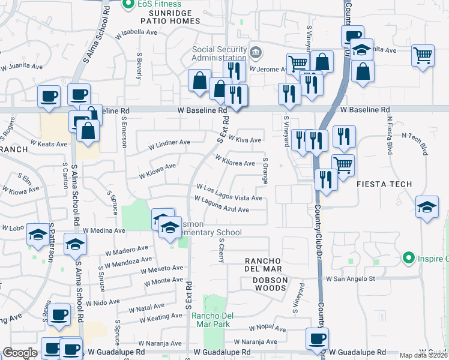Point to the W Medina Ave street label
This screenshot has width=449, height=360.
coord(104,230)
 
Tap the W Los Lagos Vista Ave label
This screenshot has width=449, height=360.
coord(229,193)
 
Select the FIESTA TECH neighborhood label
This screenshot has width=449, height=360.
coord(382,184)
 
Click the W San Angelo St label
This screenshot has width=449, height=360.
coord(350,278)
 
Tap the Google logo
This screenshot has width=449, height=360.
coord(20,353)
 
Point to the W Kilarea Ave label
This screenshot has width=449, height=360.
coord(235,160)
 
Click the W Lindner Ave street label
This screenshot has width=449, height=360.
coord(169,144)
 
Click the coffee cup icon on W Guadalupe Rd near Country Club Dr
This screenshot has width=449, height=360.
coord(317,338)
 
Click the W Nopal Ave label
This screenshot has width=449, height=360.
coord(268,329)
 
